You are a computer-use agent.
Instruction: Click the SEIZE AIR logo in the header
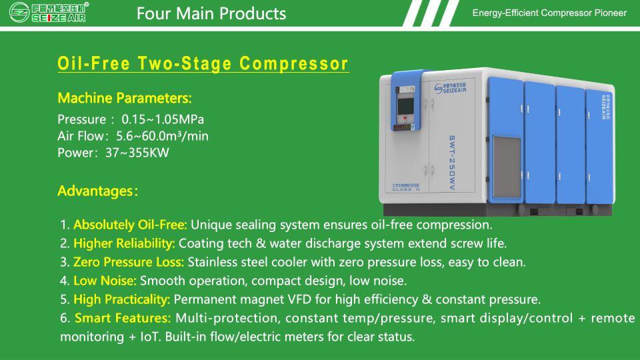tap(48, 12)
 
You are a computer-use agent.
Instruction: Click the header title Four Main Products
tap(211, 13)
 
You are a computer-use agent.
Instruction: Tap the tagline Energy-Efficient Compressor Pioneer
tap(549, 13)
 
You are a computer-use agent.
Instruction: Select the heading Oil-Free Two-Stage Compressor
tap(203, 64)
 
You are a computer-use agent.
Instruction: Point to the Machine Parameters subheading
tap(125, 98)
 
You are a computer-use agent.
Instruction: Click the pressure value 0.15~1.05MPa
tap(163, 119)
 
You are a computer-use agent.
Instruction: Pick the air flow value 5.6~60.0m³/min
tap(162, 136)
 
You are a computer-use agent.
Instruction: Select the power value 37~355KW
tap(137, 153)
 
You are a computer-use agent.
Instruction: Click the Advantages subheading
tap(97, 191)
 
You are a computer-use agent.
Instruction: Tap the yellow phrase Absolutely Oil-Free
tap(130, 225)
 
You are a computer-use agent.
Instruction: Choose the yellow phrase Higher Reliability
tap(124, 244)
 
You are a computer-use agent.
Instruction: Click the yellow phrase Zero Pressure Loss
tap(129, 262)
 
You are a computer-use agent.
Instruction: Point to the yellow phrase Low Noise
tap(105, 281)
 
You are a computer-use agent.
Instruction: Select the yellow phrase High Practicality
tap(121, 299)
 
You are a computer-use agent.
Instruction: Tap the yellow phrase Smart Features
tap(123, 318)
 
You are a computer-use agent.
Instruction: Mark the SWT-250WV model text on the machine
tap(452, 163)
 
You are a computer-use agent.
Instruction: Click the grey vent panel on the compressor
tap(507, 167)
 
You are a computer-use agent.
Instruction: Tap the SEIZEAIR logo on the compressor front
tap(450, 88)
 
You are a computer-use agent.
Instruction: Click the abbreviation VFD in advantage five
tap(299, 299)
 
